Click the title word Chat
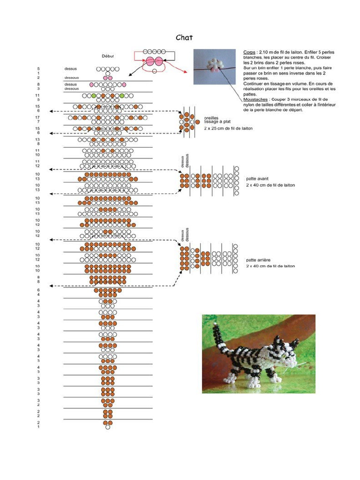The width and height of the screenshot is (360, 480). (x=184, y=37)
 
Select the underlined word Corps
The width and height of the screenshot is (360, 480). (x=249, y=52)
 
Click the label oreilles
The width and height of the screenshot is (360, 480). (x=211, y=118)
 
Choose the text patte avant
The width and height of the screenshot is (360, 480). (x=257, y=179)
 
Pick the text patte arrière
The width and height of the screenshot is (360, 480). (x=258, y=260)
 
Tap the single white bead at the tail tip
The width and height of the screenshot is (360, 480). (x=108, y=427)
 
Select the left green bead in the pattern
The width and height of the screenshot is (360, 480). (x=94, y=96)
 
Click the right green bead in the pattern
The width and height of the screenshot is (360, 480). (x=122, y=96)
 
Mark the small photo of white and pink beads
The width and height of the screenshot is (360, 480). (x=214, y=67)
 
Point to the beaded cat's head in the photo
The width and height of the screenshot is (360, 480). (x=285, y=352)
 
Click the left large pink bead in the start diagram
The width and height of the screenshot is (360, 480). (x=150, y=61)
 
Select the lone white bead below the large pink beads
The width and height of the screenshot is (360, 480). (x=155, y=71)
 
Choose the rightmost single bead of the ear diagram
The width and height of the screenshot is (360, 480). (x=197, y=122)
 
